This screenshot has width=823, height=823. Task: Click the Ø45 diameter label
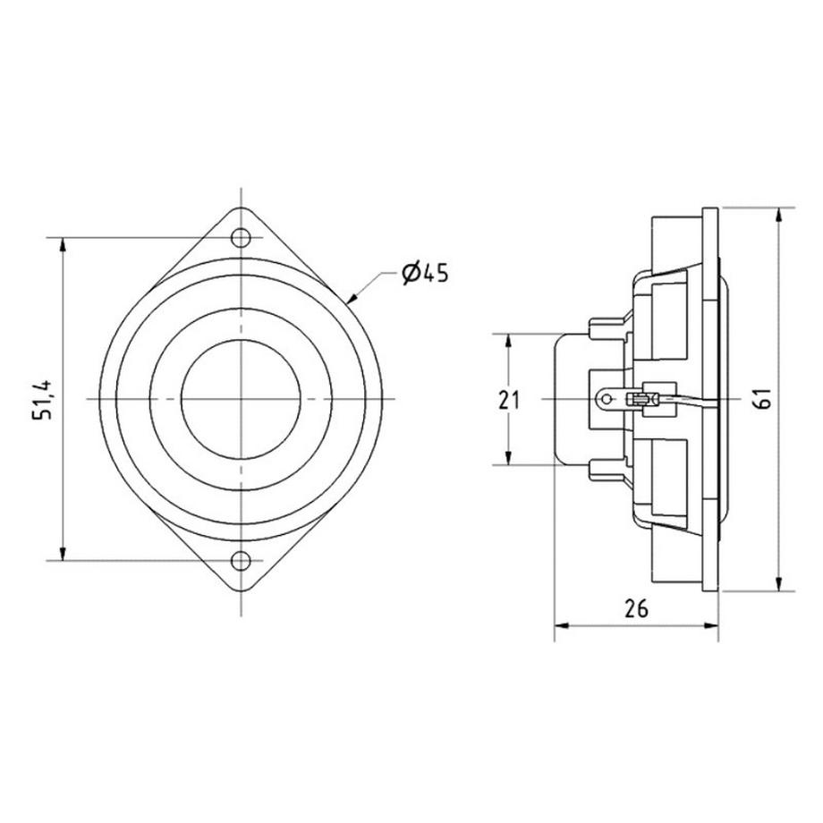coord(425,274)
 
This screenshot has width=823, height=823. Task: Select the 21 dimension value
coord(508,401)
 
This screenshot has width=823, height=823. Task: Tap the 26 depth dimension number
coord(636,609)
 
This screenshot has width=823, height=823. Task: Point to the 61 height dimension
coord(763,398)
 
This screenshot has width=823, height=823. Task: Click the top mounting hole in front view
coord(241,238)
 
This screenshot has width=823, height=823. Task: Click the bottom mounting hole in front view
coord(241,561)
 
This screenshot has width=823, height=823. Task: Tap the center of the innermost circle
coord(241,400)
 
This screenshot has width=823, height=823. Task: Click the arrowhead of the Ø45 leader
coord(352,298)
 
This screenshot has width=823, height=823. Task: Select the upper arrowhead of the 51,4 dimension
coord(63,245)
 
